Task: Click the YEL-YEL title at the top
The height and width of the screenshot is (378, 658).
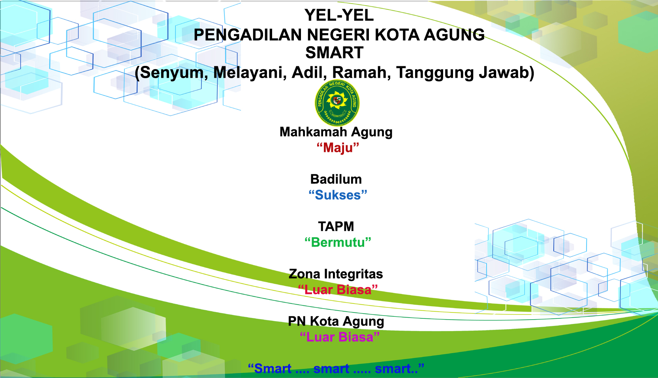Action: coord(339,15)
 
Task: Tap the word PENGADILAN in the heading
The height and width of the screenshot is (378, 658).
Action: coord(248,35)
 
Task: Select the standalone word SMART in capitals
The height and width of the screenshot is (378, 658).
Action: coord(334,53)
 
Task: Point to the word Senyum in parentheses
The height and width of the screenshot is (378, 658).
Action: coord(171,73)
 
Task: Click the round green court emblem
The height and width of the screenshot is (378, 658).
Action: coord(337,103)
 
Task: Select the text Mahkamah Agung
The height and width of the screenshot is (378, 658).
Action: coord(336,132)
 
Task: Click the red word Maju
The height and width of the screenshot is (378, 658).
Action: coord(338,148)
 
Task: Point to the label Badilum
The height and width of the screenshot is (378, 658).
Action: coord(336,179)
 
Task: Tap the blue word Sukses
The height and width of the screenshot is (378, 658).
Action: coord(338,195)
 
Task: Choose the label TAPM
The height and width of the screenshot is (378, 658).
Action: coord(336,226)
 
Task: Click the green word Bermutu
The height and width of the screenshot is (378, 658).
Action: coord(338,242)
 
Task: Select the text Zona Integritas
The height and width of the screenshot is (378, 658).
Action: coord(336,274)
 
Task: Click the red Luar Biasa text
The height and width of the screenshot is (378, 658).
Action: coord(338,290)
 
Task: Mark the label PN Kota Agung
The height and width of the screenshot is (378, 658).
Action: coord(336,321)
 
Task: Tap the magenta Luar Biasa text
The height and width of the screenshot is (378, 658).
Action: coord(340,337)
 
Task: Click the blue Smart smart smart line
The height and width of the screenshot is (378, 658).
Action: coord(336,369)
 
